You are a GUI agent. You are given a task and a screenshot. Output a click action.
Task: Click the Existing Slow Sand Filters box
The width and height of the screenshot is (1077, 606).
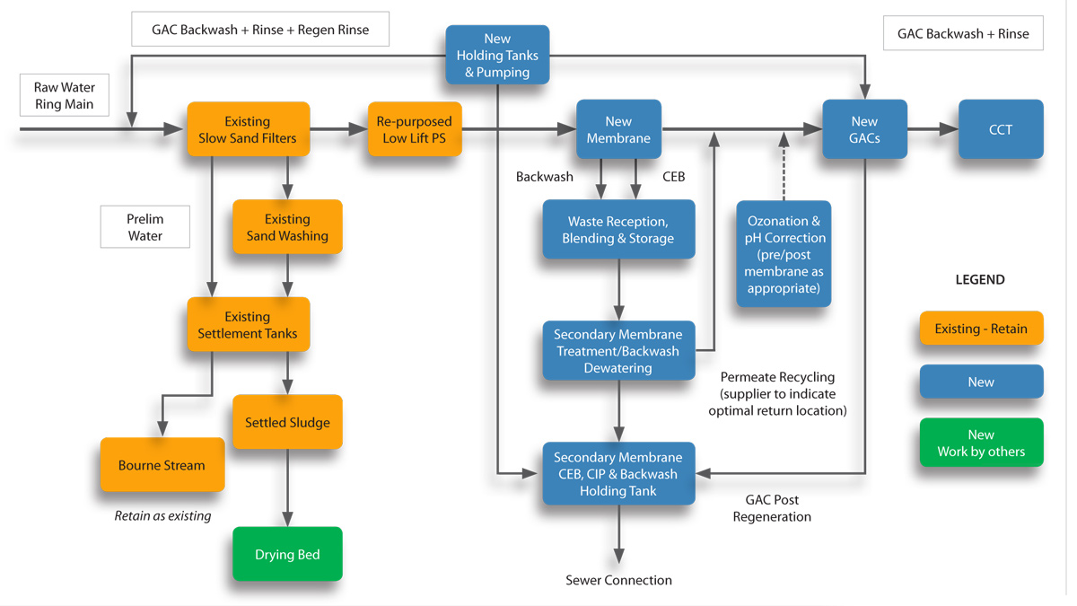[248, 130]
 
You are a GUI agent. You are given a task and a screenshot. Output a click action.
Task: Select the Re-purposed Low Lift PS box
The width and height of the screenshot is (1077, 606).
[414, 130]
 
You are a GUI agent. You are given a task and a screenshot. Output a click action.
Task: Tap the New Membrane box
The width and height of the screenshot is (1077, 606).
[618, 130]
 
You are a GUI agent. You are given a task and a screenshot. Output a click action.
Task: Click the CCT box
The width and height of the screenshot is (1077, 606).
[1000, 130]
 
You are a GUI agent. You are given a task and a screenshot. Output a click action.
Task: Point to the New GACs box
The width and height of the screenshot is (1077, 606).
[864, 130]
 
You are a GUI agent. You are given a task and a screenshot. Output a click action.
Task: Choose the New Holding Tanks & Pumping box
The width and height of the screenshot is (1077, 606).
[497, 56]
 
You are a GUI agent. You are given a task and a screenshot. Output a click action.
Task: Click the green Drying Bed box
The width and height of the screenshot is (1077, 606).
[287, 554]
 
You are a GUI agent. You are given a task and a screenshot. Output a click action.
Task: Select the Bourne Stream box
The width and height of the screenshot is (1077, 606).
[162, 465]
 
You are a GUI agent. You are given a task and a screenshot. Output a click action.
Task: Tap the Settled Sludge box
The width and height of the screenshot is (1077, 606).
[287, 422]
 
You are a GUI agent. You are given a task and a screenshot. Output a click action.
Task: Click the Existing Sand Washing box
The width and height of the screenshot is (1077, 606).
[287, 227]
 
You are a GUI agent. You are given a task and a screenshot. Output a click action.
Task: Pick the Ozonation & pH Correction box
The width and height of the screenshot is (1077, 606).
[784, 254]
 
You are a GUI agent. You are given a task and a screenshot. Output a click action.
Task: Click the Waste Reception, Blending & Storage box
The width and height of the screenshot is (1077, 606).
[618, 230]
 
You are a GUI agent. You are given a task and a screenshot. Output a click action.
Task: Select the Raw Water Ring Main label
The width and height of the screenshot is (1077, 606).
[65, 96]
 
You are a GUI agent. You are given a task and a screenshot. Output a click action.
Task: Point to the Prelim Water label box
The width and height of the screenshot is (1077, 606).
[144, 227]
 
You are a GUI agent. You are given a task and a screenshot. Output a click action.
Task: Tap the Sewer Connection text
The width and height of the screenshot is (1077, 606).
[618, 580]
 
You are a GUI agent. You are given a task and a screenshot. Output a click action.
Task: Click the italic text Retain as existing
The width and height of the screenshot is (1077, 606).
[162, 516]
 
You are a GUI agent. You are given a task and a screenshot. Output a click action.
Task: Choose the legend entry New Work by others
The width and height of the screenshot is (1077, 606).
[981, 443]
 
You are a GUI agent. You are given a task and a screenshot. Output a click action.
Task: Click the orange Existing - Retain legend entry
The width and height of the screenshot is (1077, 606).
[981, 329]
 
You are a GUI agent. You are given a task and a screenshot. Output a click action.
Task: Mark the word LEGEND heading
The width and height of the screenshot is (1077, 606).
[980, 279]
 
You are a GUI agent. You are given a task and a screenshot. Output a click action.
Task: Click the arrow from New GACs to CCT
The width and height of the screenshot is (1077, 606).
[933, 130]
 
